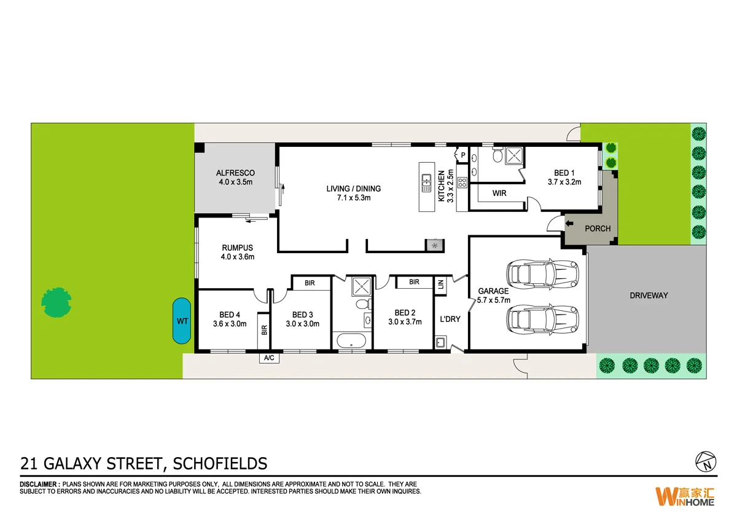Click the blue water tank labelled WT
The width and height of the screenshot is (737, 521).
click(x=181, y=321)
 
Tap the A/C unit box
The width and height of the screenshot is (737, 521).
click(x=269, y=358)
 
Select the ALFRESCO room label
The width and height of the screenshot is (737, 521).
click(x=235, y=173)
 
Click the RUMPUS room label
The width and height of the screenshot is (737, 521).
click(x=238, y=248)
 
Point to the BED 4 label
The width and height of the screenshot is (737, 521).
click(x=229, y=315)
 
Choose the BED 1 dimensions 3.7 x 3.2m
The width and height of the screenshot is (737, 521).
click(x=564, y=182)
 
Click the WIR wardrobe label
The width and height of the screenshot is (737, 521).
click(x=499, y=194)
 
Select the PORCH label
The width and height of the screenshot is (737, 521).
click(x=598, y=229)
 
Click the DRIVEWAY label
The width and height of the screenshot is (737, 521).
click(x=649, y=296)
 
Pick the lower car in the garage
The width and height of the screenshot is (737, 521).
click(x=541, y=318)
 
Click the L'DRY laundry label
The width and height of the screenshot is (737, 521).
click(x=450, y=319)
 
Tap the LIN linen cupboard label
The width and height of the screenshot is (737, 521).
click(x=440, y=284)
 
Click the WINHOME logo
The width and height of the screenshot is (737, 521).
click(x=685, y=496)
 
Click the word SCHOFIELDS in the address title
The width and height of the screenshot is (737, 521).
click(x=221, y=463)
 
